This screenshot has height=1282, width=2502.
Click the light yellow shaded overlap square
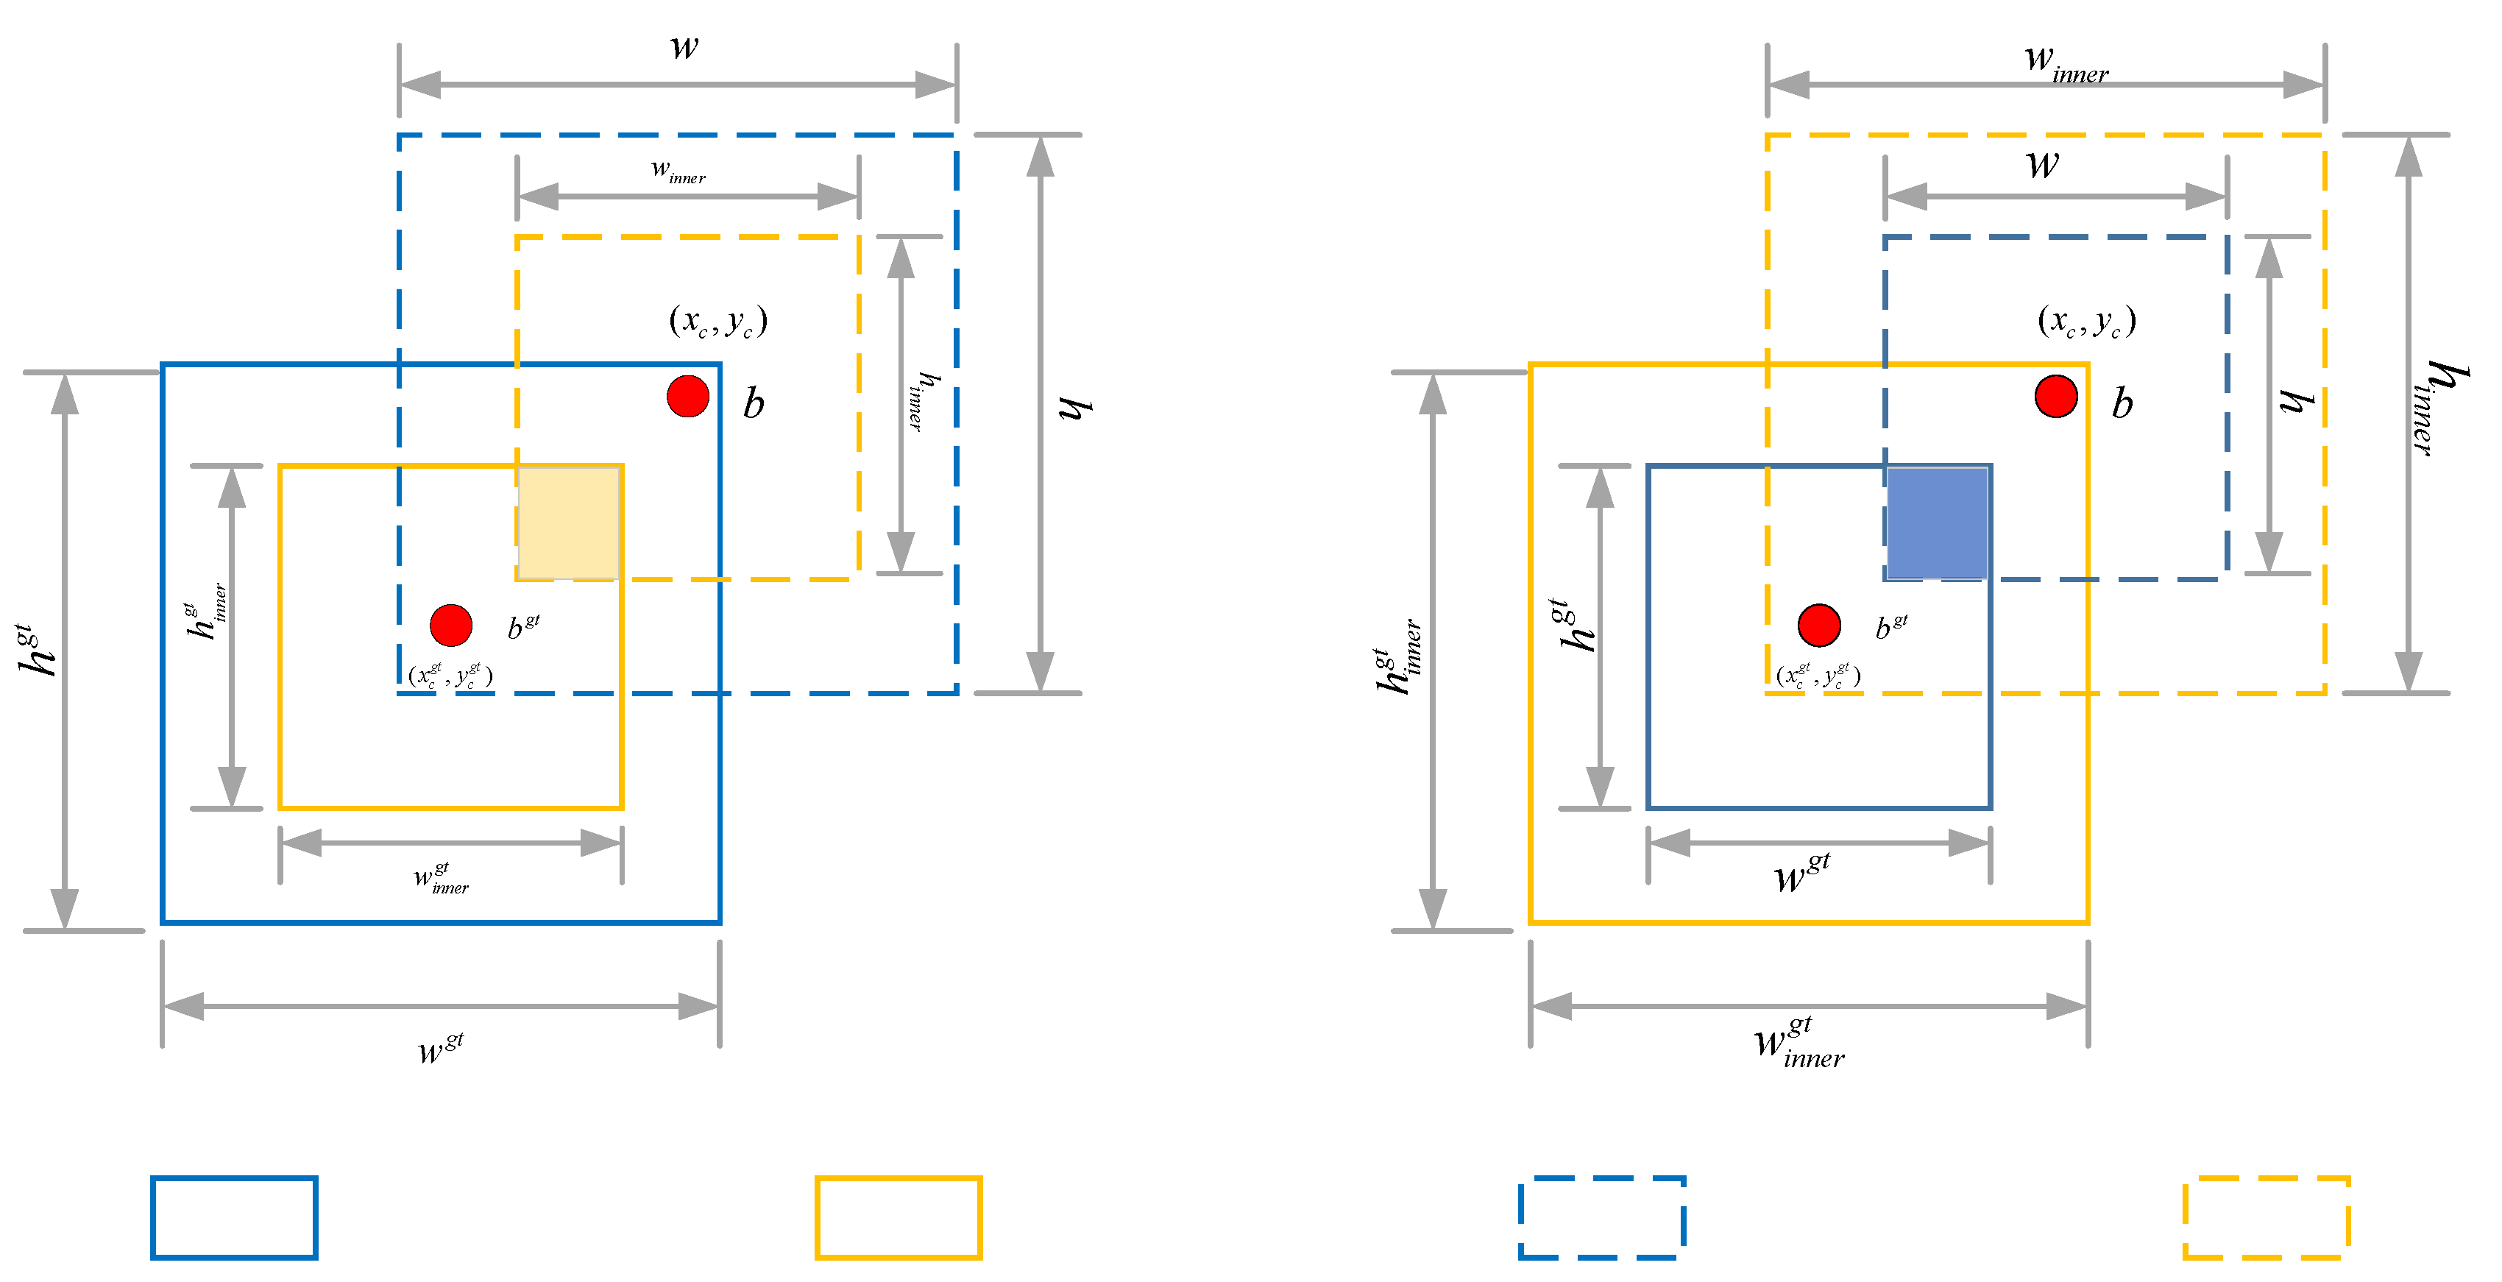[569, 523]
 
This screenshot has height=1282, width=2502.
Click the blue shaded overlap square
[1937, 523]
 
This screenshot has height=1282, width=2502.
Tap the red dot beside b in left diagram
[687, 396]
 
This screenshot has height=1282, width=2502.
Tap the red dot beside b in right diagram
[2055, 396]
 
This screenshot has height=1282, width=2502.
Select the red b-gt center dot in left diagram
[450, 626]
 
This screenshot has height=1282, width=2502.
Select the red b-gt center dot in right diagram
[1818, 626]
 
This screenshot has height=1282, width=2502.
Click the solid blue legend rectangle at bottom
[234, 1217]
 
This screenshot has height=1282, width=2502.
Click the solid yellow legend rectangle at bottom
[899, 1217]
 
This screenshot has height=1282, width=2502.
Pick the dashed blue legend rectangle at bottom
[1601, 1217]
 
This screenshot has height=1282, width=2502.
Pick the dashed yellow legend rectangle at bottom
[2266, 1217]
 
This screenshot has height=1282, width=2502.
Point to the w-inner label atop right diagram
[2065, 64]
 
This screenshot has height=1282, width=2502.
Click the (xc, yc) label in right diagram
[2085, 321]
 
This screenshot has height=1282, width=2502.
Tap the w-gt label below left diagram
[440, 1048]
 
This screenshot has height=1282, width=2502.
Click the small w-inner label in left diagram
[678, 172]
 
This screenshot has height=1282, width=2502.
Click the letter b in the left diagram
[754, 403]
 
